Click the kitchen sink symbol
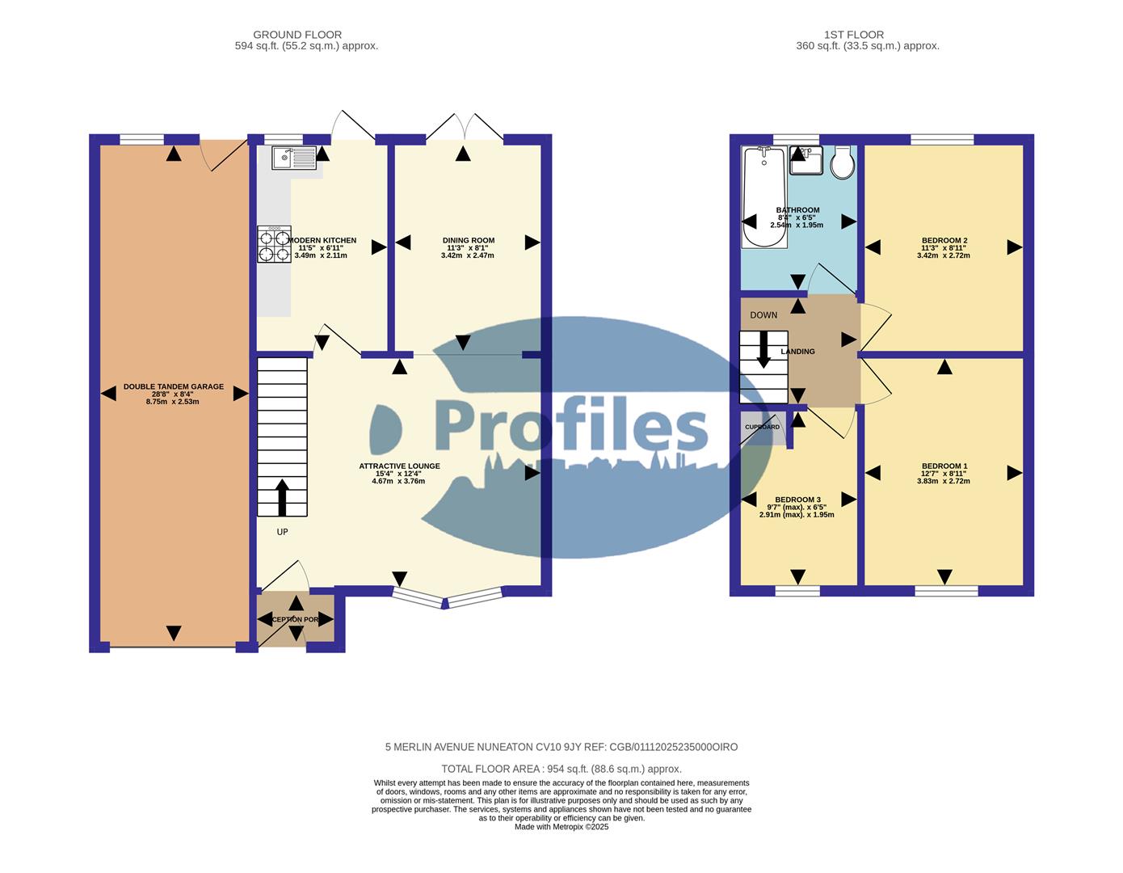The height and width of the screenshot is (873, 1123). coord(294,158)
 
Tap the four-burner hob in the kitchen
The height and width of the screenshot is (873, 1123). coord(274,245)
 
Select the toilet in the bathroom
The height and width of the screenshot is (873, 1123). coord(843,162)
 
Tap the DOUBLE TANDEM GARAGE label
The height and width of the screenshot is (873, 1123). coord(173,387)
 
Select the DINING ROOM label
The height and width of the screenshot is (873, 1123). coord(468,241)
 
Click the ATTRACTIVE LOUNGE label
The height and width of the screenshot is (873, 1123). coord(399,466)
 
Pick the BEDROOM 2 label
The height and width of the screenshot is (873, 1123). coord(944,241)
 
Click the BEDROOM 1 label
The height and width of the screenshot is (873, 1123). coord(944,466)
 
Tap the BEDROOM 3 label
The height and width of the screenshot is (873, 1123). coord(797,500)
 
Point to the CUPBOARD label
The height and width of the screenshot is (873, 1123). coord(762,427)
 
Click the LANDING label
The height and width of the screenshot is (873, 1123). coord(797,352)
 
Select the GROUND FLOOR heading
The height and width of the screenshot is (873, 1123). coord(297,35)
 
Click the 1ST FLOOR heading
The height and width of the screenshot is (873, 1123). coord(854,35)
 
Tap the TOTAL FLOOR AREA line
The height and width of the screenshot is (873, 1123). coord(561,769)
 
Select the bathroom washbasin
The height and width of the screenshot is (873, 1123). coord(805,160)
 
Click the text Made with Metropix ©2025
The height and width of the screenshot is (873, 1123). coord(561,827)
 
